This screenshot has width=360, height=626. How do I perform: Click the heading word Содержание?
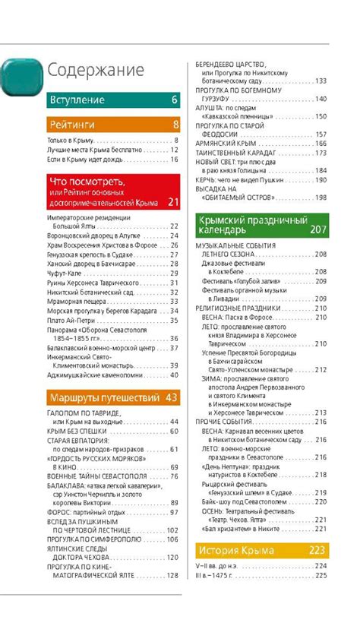click(x=96, y=71)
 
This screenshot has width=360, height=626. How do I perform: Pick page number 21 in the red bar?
click(x=173, y=203)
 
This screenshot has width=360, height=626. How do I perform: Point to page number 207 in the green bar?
click(x=318, y=229)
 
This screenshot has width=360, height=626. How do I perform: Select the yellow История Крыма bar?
click(x=261, y=549)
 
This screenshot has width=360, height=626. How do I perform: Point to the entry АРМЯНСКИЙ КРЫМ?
click(x=229, y=143)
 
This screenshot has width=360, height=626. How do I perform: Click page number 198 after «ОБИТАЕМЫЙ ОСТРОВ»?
click(x=320, y=198)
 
